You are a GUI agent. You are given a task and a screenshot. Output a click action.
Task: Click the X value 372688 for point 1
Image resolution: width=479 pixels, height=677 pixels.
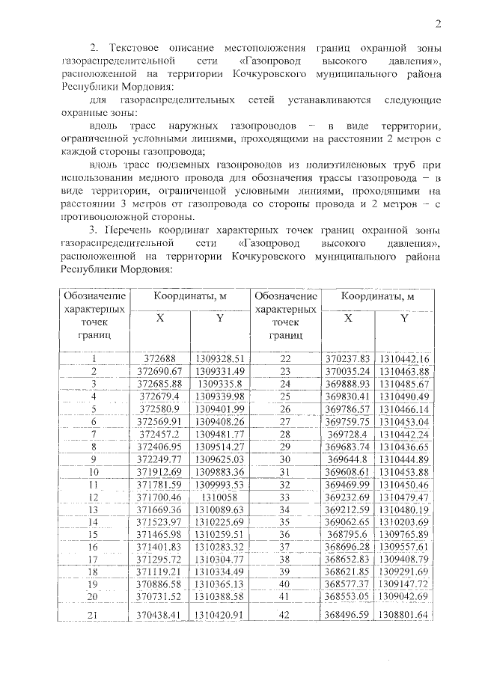click(160, 358)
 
